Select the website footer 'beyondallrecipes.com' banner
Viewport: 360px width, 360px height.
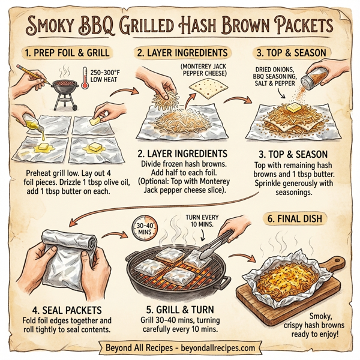click(180, 347)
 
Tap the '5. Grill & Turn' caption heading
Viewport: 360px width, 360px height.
click(183, 310)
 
